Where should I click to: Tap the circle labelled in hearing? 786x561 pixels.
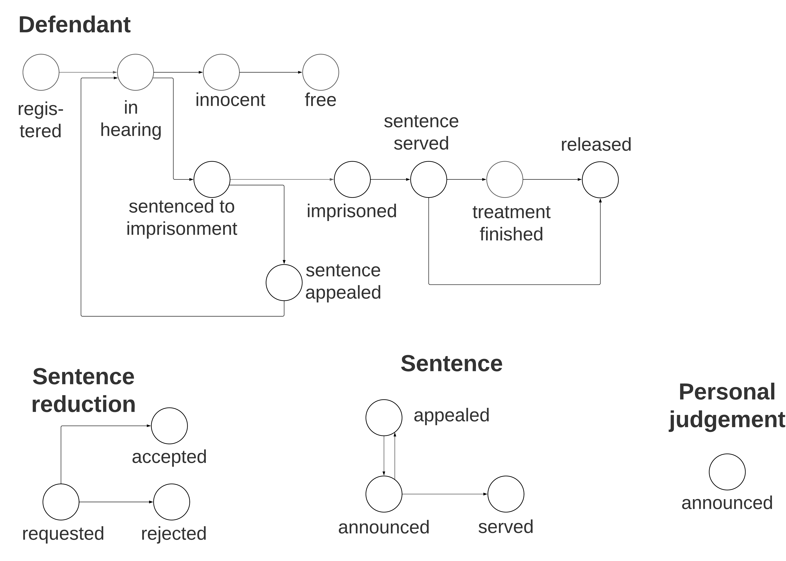point(135,72)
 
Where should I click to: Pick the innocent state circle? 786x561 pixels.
point(221,72)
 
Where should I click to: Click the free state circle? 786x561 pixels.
point(320,72)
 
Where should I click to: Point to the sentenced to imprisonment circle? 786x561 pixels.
point(212,179)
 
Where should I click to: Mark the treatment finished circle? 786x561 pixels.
point(504,179)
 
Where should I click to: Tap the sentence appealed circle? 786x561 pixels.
point(284,283)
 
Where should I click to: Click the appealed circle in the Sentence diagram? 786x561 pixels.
point(384,418)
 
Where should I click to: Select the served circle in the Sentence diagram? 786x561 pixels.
point(506,494)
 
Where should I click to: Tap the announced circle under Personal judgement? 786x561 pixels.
point(727,472)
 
